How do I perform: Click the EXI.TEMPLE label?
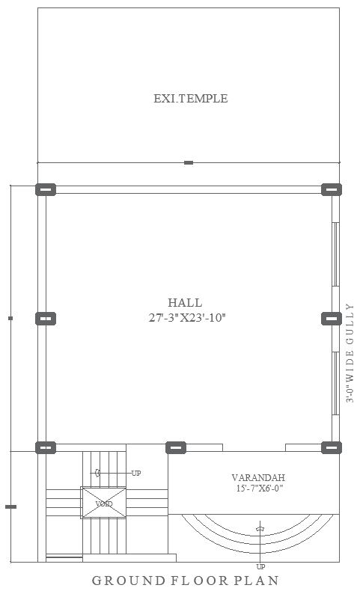click(190, 99)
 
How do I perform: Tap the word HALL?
click(185, 303)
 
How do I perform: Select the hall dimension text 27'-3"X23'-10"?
click(187, 318)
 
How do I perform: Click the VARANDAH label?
click(258, 477)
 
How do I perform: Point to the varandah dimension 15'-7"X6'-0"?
click(259, 489)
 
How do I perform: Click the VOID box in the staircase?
click(103, 503)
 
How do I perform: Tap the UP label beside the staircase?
click(135, 473)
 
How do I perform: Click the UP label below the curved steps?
click(260, 566)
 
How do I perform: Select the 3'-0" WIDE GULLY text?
click(350, 353)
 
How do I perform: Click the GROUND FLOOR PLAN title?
click(186, 580)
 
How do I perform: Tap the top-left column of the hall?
click(46, 189)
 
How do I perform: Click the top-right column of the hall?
click(331, 189)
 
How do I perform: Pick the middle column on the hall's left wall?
click(46, 319)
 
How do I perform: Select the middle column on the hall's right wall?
click(331, 319)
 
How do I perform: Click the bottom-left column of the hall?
click(46, 447)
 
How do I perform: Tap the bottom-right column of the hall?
click(331, 447)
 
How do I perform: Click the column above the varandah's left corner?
click(176, 447)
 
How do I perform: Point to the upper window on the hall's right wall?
click(336, 254)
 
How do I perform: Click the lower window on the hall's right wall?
click(336, 383)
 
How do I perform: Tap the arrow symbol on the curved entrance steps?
click(260, 528)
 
